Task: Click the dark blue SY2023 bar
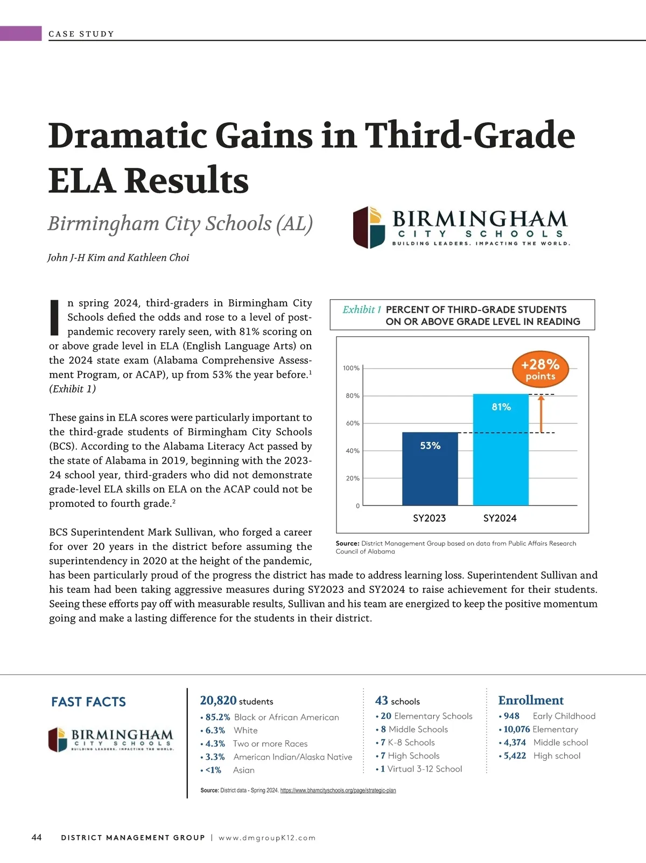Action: (x=430, y=468)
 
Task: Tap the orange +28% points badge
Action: (x=540, y=369)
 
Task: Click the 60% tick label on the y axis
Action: (x=353, y=423)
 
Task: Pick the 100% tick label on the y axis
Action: (x=351, y=368)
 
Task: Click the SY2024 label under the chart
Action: (x=500, y=518)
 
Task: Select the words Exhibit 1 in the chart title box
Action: (x=362, y=309)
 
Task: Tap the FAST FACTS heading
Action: (x=88, y=702)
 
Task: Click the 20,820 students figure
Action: (x=236, y=701)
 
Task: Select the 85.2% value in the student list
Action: (x=217, y=717)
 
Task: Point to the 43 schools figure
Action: (x=397, y=701)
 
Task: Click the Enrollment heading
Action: (x=531, y=700)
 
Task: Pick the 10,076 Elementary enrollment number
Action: (x=517, y=729)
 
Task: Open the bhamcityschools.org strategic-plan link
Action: (x=338, y=790)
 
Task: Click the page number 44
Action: (x=37, y=837)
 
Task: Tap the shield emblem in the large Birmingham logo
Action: (x=369, y=227)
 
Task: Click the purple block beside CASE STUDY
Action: (x=20, y=33)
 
